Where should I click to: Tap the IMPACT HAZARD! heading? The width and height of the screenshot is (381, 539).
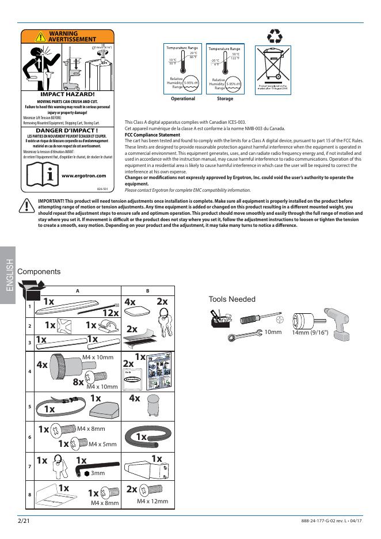[x=67, y=94]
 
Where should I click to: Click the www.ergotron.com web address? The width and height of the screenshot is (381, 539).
[x=83, y=176]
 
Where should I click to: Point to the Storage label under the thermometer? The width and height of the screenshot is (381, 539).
[x=225, y=98]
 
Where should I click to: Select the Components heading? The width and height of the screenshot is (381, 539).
[x=39, y=272]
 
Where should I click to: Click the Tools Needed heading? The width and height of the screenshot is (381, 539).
[x=232, y=299]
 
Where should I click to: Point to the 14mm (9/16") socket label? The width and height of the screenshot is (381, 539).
[x=310, y=333]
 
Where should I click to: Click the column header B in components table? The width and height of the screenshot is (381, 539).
[x=147, y=291]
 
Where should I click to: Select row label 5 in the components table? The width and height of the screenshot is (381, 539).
[x=30, y=407]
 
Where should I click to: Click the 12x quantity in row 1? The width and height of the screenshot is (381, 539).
[x=111, y=313]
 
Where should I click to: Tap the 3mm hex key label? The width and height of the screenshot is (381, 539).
[x=98, y=473]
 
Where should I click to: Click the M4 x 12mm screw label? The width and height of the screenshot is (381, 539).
[x=152, y=502]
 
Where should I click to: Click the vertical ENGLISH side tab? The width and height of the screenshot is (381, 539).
[x=9, y=276]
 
